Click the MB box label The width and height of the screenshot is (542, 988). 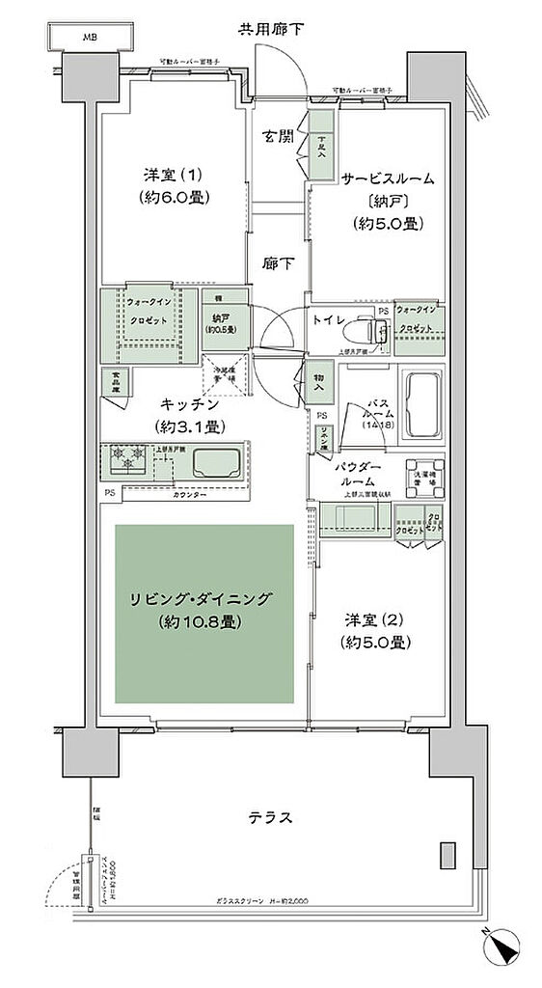90,38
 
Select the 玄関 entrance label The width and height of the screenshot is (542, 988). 279,137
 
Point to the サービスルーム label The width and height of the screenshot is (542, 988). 386,179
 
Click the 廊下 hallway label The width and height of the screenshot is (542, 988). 279,261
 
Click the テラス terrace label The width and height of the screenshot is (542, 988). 270,817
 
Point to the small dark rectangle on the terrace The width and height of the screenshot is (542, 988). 446,856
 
